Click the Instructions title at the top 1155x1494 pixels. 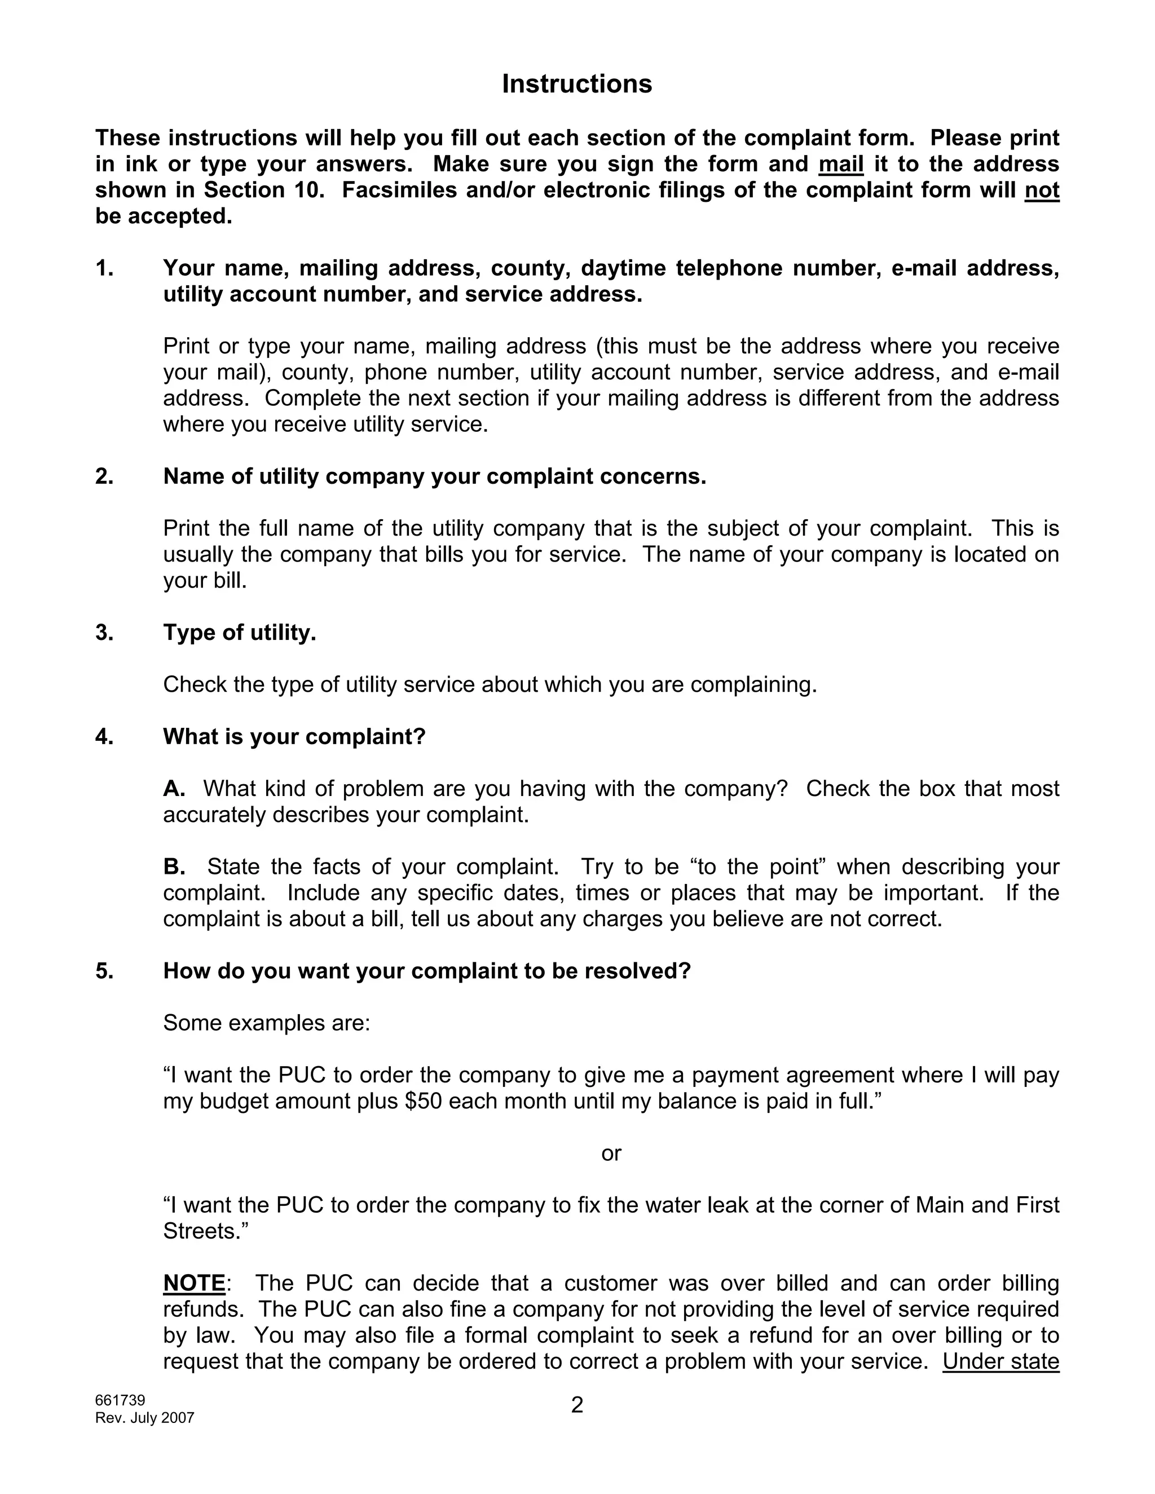577,83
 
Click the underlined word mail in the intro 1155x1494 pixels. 840,164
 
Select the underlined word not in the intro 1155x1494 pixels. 1042,190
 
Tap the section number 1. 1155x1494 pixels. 104,268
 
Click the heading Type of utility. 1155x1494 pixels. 240,632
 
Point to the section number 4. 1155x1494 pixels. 104,737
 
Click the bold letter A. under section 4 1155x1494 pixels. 174,789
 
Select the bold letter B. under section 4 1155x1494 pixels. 174,867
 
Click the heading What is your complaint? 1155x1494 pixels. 294,737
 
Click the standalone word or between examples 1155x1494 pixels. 611,1153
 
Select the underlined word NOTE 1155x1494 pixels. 195,1283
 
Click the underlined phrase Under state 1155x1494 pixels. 1000,1362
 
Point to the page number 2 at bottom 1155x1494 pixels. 577,1405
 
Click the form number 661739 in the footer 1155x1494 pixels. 120,1400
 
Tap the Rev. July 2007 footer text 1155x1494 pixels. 144,1418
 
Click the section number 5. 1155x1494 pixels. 104,971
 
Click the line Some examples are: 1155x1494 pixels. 266,1023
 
